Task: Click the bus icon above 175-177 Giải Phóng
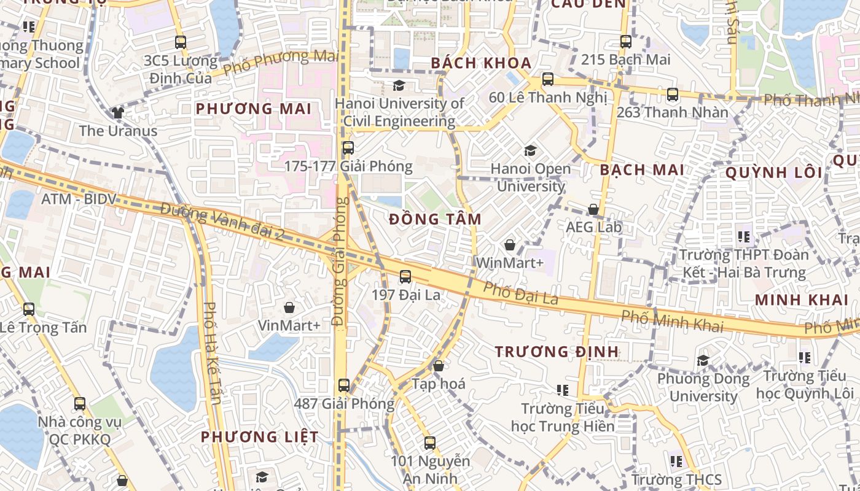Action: (348, 148)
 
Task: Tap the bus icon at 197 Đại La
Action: (405, 277)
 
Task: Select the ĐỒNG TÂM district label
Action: (435, 219)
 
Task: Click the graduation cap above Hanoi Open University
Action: (530, 150)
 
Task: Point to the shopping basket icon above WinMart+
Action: (510, 245)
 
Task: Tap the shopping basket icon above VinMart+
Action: (289, 307)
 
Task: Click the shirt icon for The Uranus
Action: (118, 113)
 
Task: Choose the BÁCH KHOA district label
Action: (481, 63)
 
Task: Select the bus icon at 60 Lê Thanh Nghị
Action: (547, 79)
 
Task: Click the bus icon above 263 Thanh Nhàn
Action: (673, 95)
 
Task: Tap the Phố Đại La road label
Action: (520, 294)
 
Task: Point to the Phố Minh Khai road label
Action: (672, 321)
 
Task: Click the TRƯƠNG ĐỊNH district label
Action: (557, 352)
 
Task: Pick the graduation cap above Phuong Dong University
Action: (703, 360)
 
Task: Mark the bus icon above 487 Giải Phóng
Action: (344, 385)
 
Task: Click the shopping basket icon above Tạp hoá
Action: (439, 366)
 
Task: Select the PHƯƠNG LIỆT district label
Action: (260, 437)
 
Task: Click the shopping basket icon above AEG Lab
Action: (593, 209)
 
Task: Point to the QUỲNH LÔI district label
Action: (774, 172)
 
